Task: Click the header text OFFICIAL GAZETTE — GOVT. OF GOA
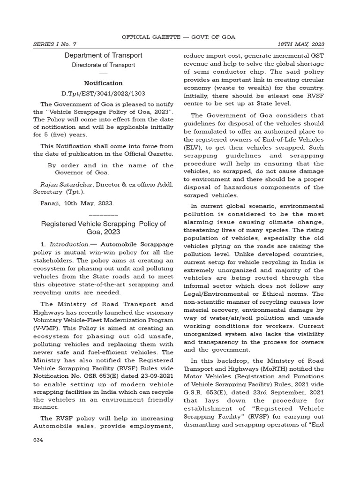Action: pyautogui.click(x=179, y=37)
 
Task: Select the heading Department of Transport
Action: pyautogui.click(x=103, y=55)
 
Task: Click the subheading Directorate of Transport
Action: pyautogui.click(x=103, y=65)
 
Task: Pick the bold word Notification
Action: pyautogui.click(x=103, y=83)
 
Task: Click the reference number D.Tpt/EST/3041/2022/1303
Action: pyautogui.click(x=103, y=93)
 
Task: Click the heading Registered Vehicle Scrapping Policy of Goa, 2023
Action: pyautogui.click(x=103, y=228)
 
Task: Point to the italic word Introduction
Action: pyautogui.click(x=69, y=245)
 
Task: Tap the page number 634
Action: pyautogui.click(x=37, y=440)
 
